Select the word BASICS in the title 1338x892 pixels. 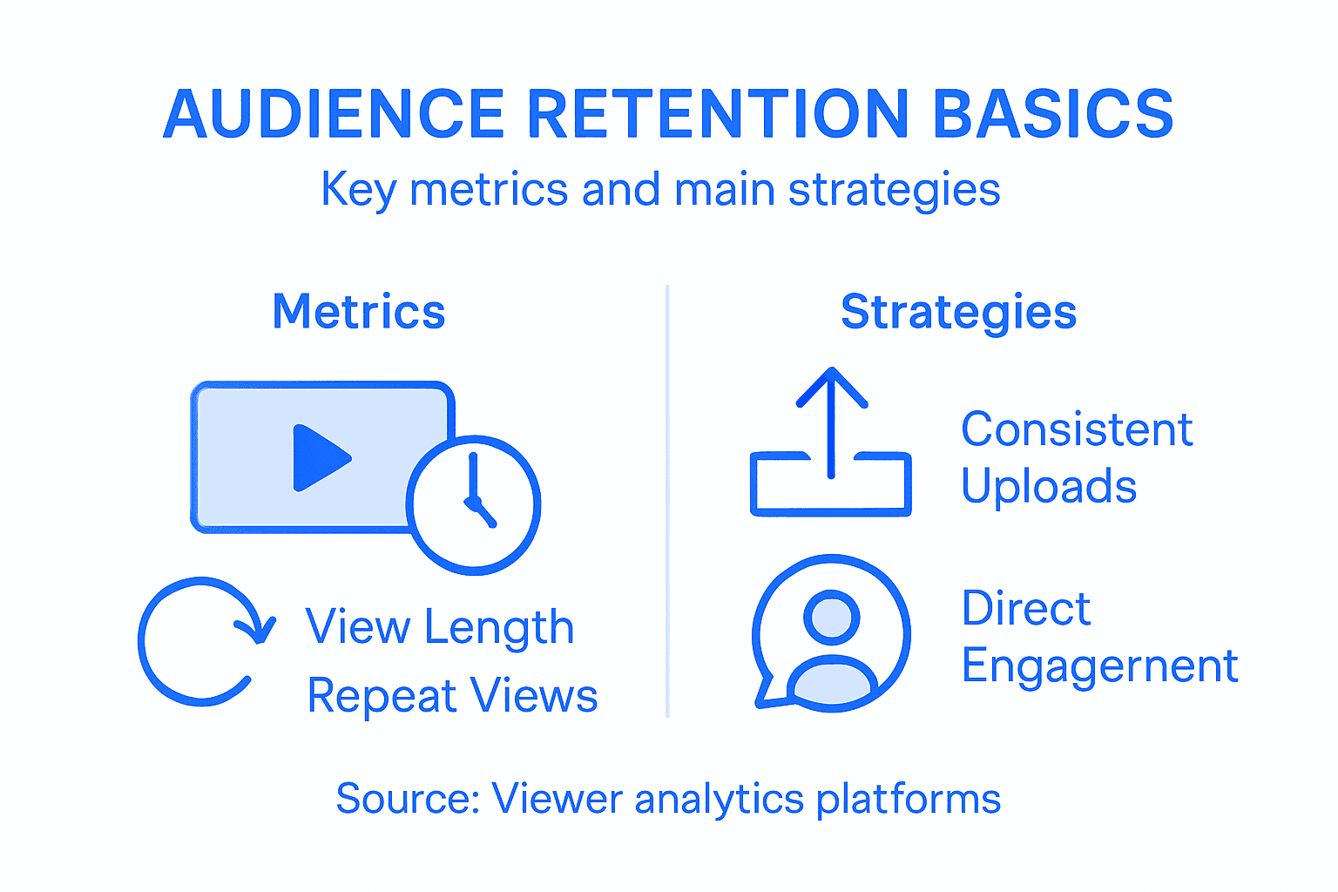click(x=1053, y=115)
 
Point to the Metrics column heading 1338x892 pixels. click(x=358, y=312)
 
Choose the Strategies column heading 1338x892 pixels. click(x=958, y=312)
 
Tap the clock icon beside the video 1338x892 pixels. click(x=473, y=505)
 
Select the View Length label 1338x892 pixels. click(x=439, y=627)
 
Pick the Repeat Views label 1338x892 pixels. click(x=452, y=696)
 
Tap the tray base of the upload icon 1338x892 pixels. click(x=830, y=501)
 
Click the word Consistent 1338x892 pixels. click(x=1077, y=429)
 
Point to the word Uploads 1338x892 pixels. click(x=1049, y=486)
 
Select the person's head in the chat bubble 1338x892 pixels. click(x=831, y=617)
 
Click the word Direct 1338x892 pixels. click(x=1025, y=608)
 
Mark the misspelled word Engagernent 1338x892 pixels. click(x=1099, y=666)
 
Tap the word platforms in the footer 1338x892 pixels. click(x=908, y=799)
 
